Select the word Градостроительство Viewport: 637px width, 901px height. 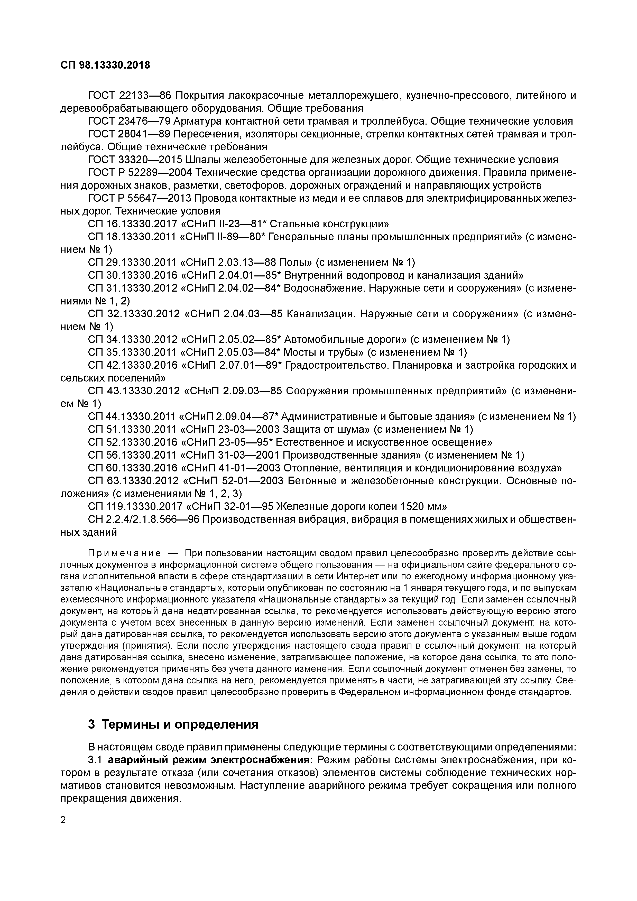coord(335,365)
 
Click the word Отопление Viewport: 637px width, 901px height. coord(307,468)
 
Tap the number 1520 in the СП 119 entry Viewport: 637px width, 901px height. coord(408,506)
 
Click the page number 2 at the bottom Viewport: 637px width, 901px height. coord(63,820)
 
